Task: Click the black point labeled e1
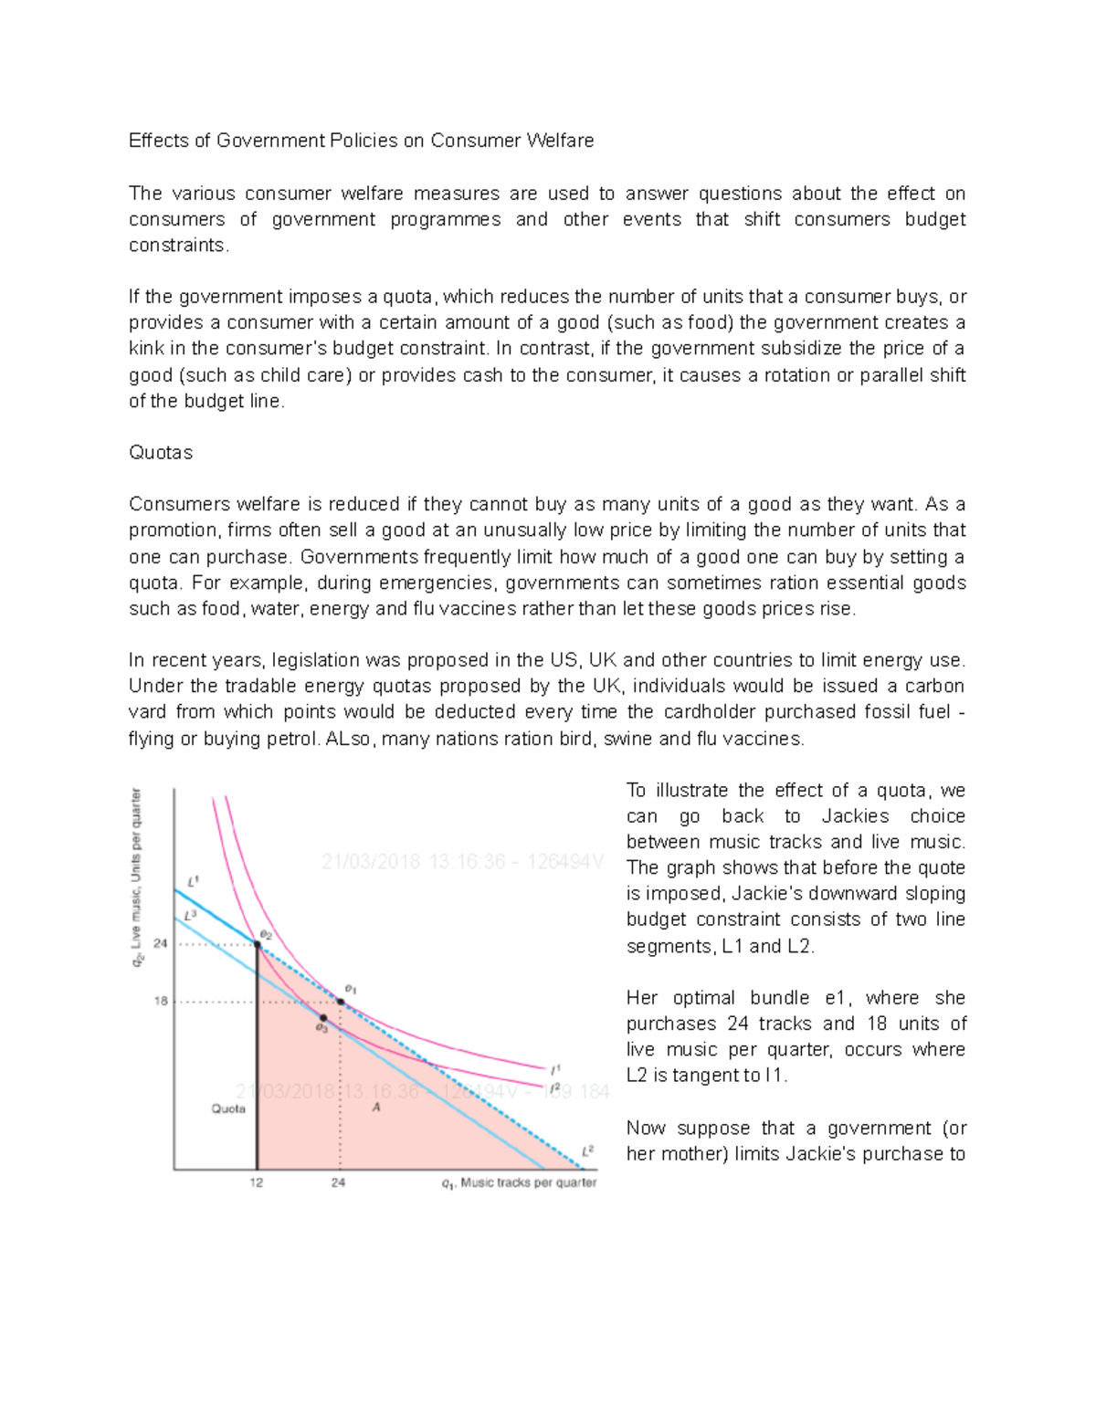pyautogui.click(x=341, y=1002)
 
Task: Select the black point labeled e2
pyautogui.click(x=258, y=945)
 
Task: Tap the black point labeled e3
pyautogui.click(x=323, y=1017)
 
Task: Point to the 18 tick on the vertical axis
pyautogui.click(x=161, y=1001)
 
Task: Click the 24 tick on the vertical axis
pyautogui.click(x=161, y=943)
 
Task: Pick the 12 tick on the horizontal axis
pyautogui.click(x=257, y=1182)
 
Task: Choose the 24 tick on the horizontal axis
pyautogui.click(x=339, y=1182)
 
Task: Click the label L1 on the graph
pyautogui.click(x=193, y=882)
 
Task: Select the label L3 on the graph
pyautogui.click(x=190, y=914)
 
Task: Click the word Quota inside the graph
pyautogui.click(x=228, y=1108)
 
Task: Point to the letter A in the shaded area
pyautogui.click(x=375, y=1107)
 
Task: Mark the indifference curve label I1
pyautogui.click(x=555, y=1067)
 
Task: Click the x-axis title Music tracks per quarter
pyautogui.click(x=528, y=1182)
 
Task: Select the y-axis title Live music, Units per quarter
pyautogui.click(x=137, y=877)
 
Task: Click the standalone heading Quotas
pyautogui.click(x=161, y=453)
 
